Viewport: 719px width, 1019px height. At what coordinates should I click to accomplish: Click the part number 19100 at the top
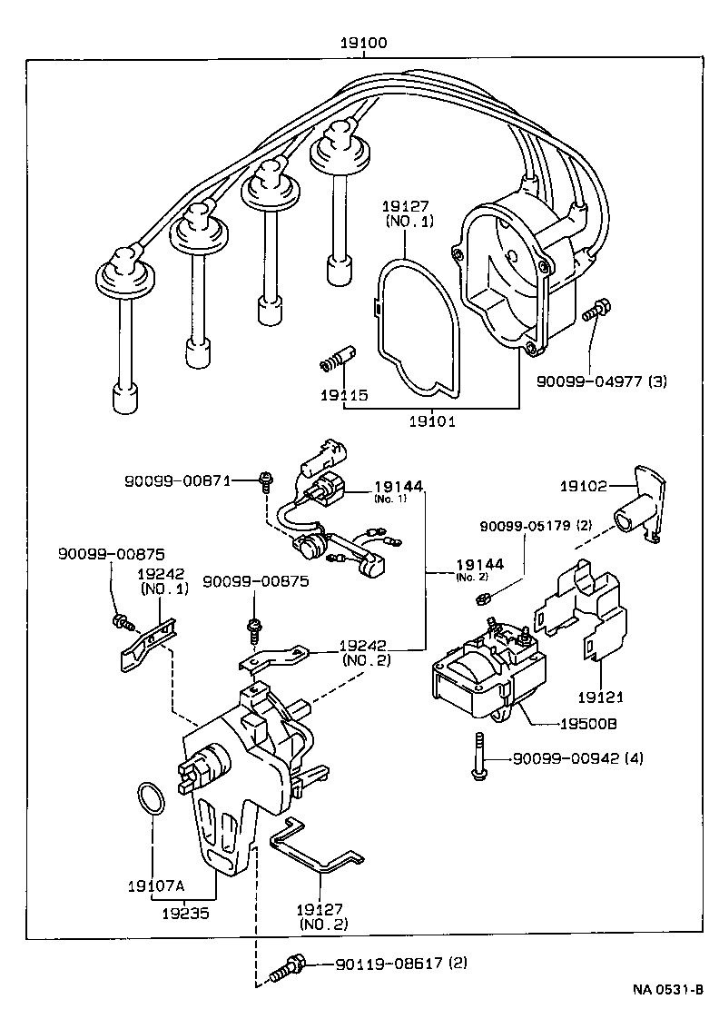[364, 43]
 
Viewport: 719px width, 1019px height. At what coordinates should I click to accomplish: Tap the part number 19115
[342, 395]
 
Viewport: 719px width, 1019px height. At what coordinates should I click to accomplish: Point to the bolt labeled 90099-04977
[594, 311]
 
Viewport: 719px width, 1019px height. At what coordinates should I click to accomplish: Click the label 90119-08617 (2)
[400, 963]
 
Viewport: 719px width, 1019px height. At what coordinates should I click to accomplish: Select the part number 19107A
[154, 886]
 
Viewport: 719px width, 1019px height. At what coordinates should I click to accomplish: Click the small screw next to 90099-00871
[265, 480]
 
